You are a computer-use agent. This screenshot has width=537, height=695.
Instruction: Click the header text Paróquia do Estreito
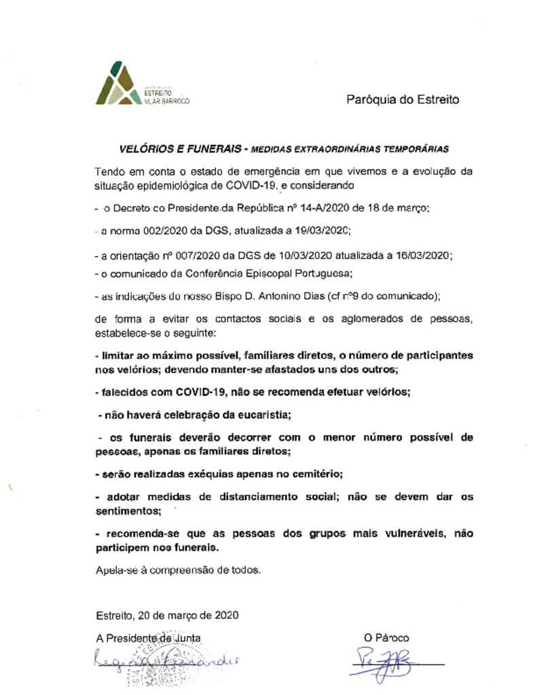pyautogui.click(x=403, y=100)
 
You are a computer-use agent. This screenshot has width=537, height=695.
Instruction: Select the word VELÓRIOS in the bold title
pyautogui.click(x=141, y=147)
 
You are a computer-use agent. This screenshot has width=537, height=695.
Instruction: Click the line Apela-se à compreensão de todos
pyautogui.click(x=179, y=570)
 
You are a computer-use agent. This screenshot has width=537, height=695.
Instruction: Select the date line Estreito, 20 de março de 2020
pyautogui.click(x=167, y=616)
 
